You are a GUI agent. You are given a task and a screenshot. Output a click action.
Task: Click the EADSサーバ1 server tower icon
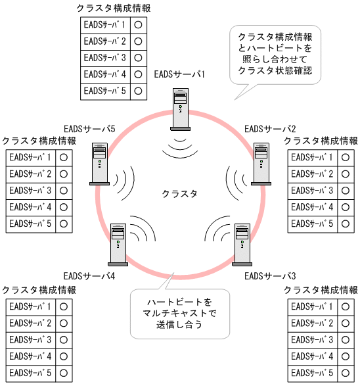[x=180, y=108]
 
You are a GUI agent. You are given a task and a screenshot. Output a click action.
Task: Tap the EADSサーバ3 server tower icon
[x=242, y=243]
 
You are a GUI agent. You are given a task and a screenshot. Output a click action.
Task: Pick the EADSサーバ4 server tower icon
[x=118, y=243]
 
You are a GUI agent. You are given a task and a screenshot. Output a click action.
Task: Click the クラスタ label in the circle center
[x=179, y=193]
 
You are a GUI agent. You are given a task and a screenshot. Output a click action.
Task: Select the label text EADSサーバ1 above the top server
[x=179, y=74]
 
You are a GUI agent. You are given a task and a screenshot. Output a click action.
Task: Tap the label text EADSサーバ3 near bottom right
[x=270, y=276]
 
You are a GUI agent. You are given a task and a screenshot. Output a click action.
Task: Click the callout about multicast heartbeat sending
[x=179, y=313]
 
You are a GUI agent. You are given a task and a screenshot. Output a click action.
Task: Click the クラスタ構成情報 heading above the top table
[x=113, y=8]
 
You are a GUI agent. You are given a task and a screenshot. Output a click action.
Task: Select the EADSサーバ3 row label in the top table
[x=105, y=57]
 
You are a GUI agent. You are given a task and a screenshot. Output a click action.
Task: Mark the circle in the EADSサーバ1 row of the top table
[x=138, y=24]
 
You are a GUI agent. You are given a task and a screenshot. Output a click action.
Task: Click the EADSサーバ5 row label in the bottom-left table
[x=30, y=373]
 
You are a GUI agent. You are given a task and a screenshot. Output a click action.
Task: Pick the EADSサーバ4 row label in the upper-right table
[x=312, y=207]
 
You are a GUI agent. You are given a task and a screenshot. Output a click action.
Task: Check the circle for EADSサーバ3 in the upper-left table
[x=64, y=191]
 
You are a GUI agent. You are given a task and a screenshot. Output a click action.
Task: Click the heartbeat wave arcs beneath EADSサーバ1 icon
[x=180, y=147]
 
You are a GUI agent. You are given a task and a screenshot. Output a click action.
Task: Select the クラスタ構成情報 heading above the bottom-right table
[x=321, y=290]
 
